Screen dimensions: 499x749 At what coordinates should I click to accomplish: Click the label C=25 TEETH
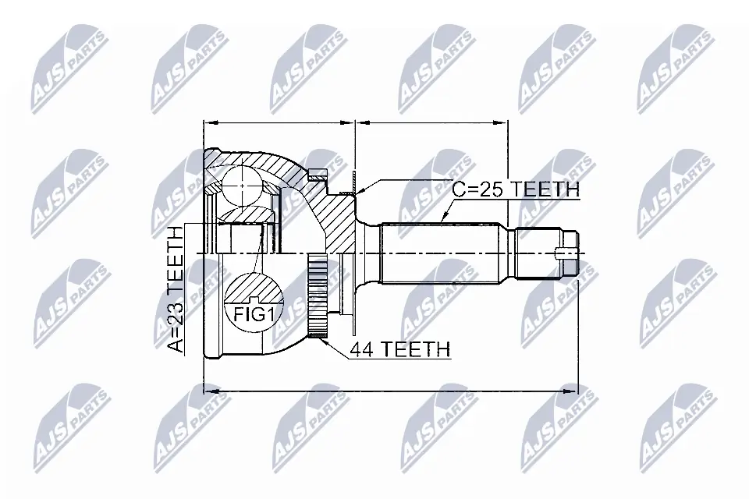coord(516,189)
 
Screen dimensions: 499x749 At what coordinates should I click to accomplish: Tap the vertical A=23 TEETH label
coord(177,288)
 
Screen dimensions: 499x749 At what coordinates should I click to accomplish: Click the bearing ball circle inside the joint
coord(243,187)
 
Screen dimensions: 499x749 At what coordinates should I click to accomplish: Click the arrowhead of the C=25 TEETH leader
coord(444,218)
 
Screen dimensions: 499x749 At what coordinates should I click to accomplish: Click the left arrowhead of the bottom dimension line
coord(207,387)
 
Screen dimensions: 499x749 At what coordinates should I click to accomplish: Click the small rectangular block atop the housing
coord(315,175)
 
